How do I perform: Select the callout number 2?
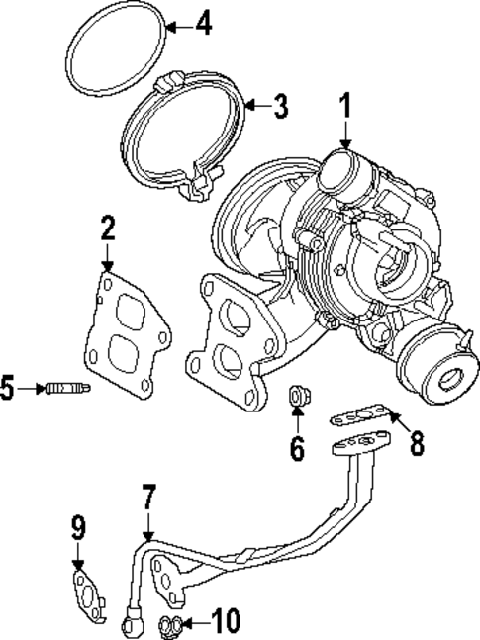coord(107,230)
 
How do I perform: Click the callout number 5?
coord(8,389)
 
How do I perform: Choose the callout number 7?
coord(148,497)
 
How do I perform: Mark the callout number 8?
coord(417,443)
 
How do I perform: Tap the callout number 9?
coord(77,529)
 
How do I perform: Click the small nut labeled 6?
coord(296,398)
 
